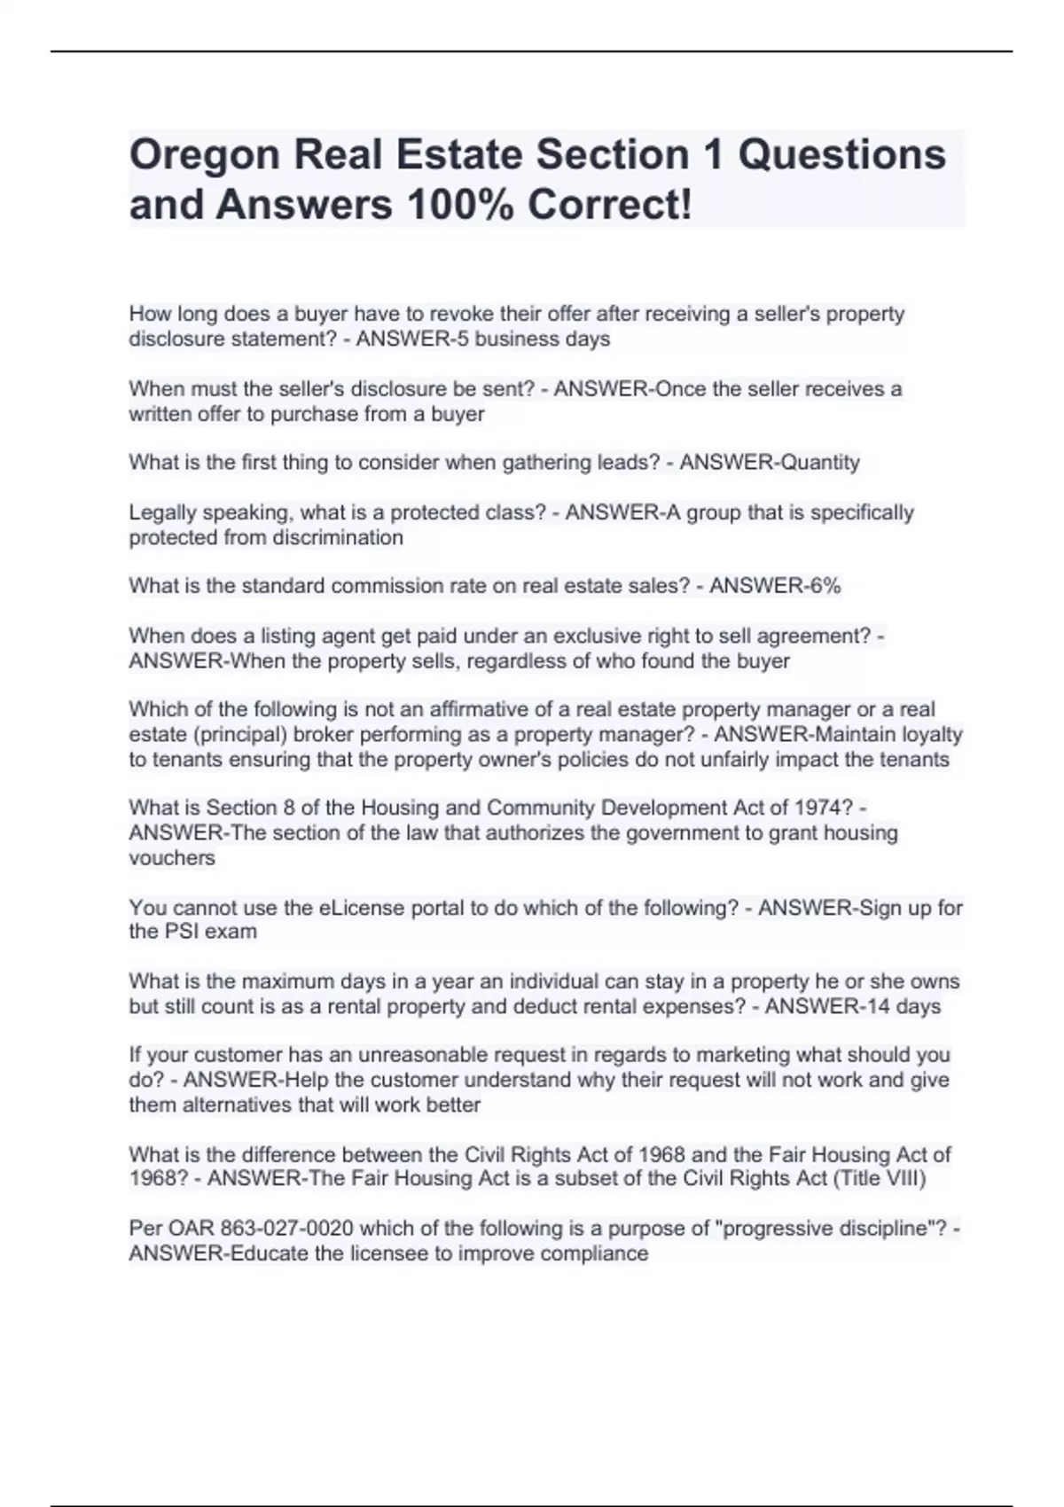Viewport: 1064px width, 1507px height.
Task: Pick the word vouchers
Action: pyautogui.click(x=172, y=858)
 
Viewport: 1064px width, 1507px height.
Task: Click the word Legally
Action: pyautogui.click(x=162, y=512)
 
